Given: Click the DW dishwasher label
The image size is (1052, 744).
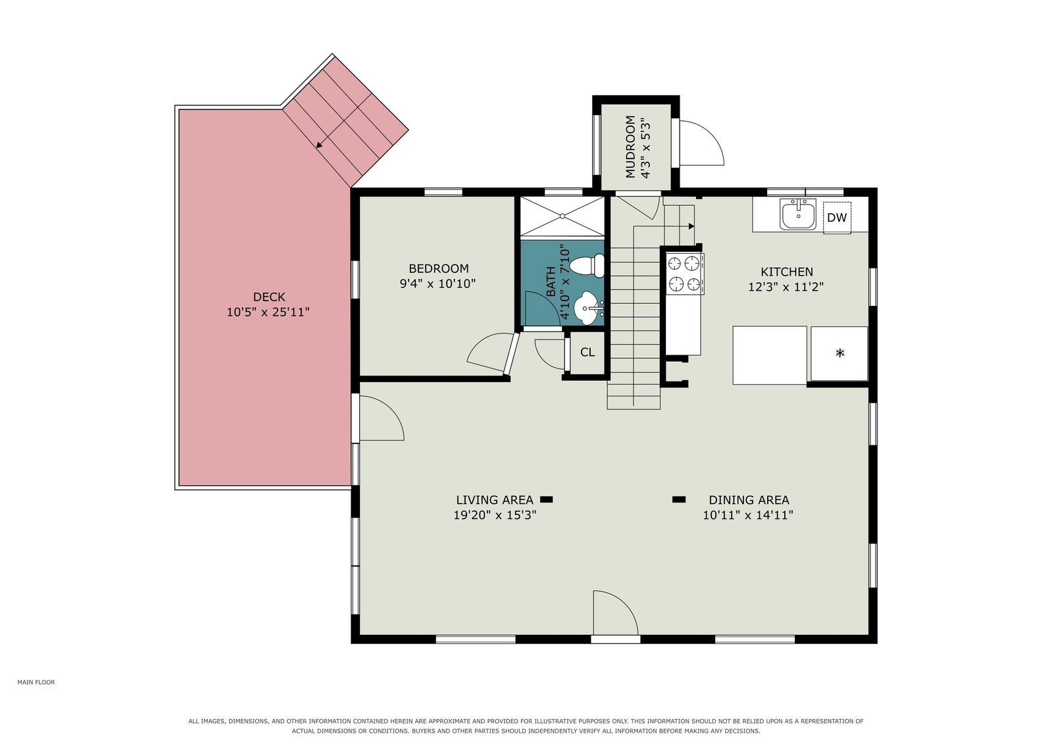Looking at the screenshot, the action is [836, 218].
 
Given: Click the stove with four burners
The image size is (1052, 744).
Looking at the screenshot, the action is [684, 274].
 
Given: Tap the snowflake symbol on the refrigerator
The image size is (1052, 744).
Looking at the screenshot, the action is [839, 353].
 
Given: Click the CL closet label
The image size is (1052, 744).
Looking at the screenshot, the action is [587, 353].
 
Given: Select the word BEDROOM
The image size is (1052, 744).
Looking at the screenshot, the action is [439, 268].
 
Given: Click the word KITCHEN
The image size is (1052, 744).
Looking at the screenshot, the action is [787, 272].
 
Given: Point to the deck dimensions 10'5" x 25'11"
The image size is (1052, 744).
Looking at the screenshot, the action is [268, 312].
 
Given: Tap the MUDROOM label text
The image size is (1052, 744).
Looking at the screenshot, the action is [630, 147].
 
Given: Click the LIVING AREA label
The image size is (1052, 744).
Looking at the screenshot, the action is [495, 500].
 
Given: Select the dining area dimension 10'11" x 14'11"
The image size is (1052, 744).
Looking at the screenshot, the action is [747, 515].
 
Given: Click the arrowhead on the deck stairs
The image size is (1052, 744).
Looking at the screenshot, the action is [319, 145].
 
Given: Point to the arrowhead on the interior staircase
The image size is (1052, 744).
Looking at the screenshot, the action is [691, 226].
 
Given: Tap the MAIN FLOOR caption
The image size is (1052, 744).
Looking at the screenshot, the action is [36, 682].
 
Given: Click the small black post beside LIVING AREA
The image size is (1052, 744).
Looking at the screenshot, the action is [546, 500].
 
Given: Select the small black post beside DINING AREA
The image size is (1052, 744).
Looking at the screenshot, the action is [678, 500].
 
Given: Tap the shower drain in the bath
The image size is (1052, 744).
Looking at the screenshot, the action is [562, 216].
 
